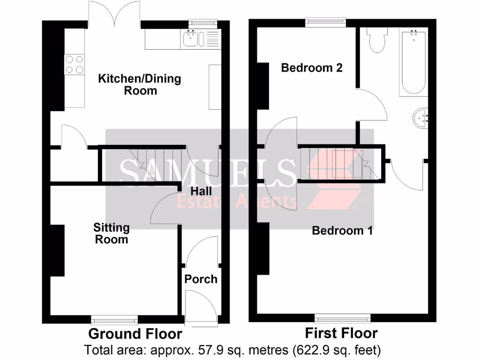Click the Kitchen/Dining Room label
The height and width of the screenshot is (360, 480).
139,84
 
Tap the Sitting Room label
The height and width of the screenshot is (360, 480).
111,233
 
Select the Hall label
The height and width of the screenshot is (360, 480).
201,191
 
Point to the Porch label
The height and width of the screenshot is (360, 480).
201,279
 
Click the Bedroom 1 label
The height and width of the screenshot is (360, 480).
342,231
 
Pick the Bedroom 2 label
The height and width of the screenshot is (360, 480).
312,68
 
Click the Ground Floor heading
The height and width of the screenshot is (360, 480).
135,334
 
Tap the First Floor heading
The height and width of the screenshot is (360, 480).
341,333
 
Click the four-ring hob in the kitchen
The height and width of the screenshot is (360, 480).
74,65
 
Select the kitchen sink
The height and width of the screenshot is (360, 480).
191,39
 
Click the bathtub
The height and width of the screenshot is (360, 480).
413,62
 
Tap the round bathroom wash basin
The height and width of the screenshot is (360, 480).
420,118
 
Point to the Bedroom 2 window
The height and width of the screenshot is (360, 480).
325,22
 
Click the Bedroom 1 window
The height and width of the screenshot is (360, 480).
343,318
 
